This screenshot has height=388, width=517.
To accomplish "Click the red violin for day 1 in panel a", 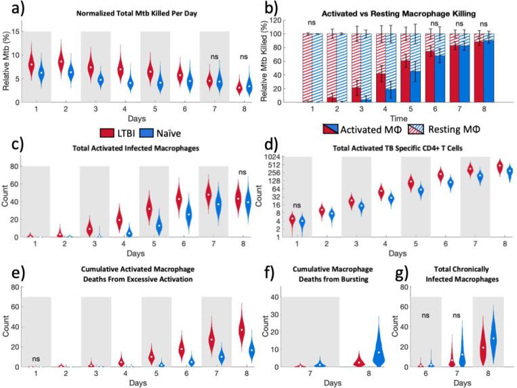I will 31,63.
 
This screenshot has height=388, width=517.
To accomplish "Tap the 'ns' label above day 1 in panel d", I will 297,205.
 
